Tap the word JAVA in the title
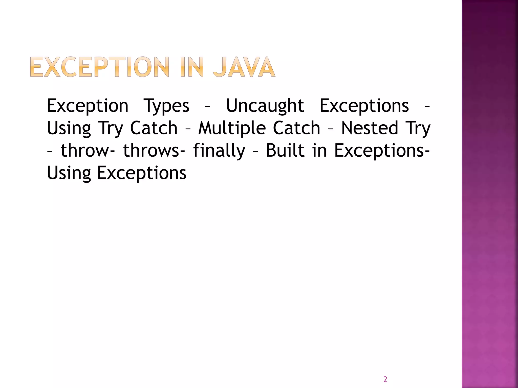click(244, 67)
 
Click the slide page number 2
click(385, 379)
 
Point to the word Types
click(166, 106)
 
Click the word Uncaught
click(265, 106)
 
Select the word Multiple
click(232, 128)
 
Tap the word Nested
click(370, 128)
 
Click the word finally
click(219, 151)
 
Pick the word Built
click(285, 151)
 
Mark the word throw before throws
click(84, 151)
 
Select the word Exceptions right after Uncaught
click(364, 106)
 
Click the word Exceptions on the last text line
click(142, 173)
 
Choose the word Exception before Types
click(88, 106)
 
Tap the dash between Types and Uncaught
click(207, 107)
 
